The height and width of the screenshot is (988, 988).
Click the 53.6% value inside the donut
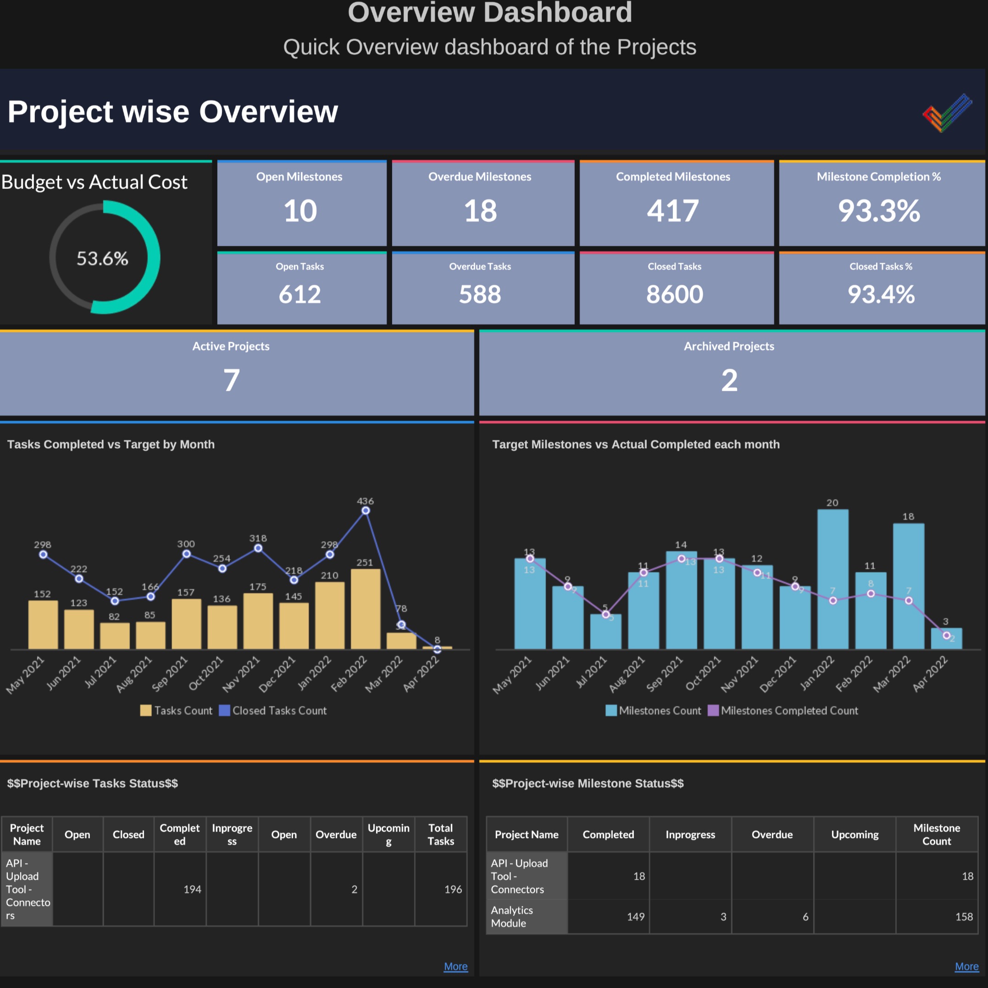tap(102, 259)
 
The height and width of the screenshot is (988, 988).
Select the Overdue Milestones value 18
tap(480, 211)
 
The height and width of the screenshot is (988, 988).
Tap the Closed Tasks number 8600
tap(675, 294)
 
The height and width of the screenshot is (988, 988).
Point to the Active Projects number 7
tap(231, 380)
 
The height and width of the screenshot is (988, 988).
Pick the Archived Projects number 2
tap(729, 380)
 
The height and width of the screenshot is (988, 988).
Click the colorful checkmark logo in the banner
tap(948, 112)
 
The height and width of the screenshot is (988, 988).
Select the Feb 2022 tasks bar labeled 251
tap(366, 609)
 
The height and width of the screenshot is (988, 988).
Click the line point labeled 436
tap(366, 511)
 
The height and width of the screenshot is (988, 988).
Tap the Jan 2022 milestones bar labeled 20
tap(833, 578)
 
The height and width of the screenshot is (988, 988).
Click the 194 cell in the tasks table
tap(192, 889)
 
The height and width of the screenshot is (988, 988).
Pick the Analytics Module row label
tap(512, 916)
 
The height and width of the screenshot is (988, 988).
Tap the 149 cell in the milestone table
tap(636, 916)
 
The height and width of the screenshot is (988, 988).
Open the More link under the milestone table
tap(966, 966)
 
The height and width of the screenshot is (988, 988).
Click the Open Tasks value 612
tap(300, 294)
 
